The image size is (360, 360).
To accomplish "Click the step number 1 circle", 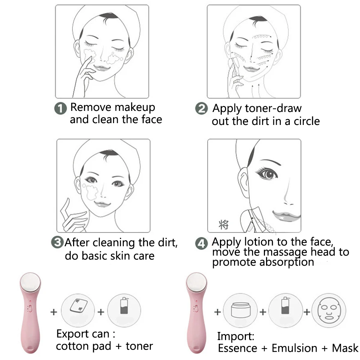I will (60, 108).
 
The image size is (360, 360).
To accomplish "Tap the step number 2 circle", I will (201, 108).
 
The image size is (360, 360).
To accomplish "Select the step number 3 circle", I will (58, 242).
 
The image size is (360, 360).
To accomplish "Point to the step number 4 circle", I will (201, 244).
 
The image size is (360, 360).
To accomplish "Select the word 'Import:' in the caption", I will (235, 337).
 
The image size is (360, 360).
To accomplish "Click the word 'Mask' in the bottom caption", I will (345, 348).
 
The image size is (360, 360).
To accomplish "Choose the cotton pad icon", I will (78, 308).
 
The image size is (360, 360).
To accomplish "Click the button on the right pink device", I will (196, 308).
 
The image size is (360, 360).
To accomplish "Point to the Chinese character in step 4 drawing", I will (223, 225).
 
